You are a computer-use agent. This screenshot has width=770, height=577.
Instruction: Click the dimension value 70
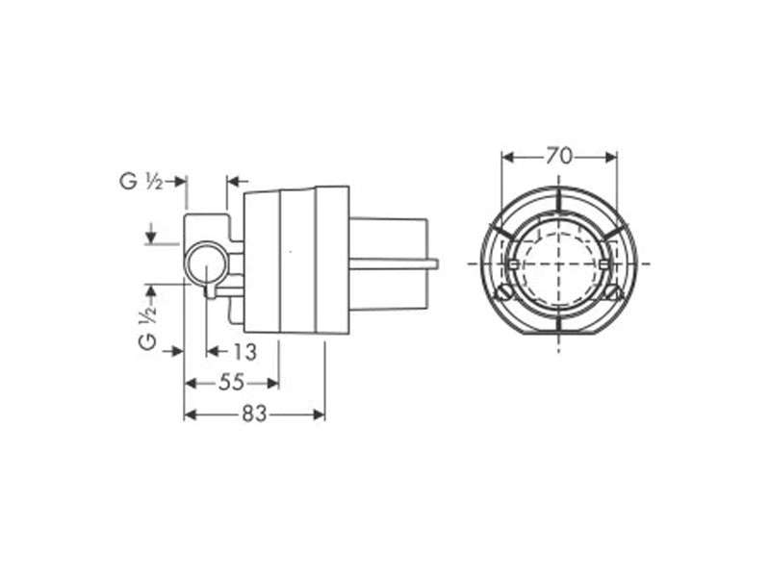click(559, 157)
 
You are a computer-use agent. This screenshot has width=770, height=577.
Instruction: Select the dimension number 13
click(244, 352)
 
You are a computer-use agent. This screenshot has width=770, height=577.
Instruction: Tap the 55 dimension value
click(231, 383)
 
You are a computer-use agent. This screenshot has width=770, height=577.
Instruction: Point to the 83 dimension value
click(254, 414)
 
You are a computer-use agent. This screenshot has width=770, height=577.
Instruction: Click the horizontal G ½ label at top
click(141, 182)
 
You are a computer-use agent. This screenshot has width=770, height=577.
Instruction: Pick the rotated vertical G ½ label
click(148, 323)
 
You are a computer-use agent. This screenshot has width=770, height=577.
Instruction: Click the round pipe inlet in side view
click(206, 263)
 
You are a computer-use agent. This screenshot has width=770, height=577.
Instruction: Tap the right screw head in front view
click(612, 292)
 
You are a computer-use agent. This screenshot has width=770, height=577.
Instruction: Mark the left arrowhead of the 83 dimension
click(190, 415)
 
